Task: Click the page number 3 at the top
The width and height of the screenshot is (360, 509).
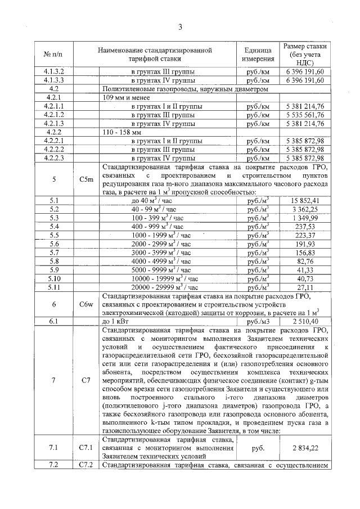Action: pos(180,27)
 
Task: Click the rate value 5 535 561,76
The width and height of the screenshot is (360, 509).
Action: pos(305,114)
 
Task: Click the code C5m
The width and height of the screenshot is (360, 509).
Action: pos(86,179)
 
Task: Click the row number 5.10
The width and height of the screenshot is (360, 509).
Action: pos(55,278)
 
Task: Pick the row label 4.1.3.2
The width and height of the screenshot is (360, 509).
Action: pos(55,71)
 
